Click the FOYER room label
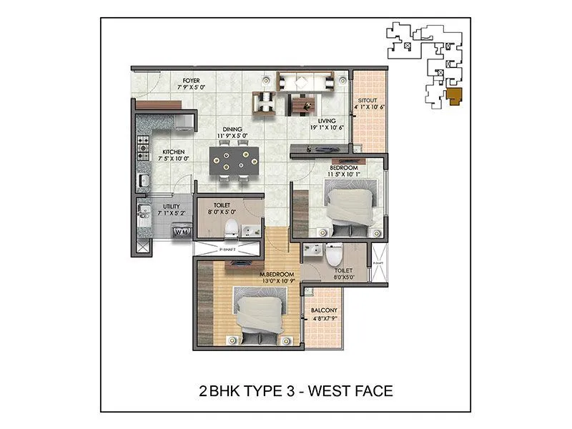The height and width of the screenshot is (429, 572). click(191, 80)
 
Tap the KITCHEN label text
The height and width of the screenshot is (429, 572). click(174, 152)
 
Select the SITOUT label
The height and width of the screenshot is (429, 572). click(368, 102)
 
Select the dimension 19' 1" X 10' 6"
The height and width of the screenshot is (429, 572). click(327, 128)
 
